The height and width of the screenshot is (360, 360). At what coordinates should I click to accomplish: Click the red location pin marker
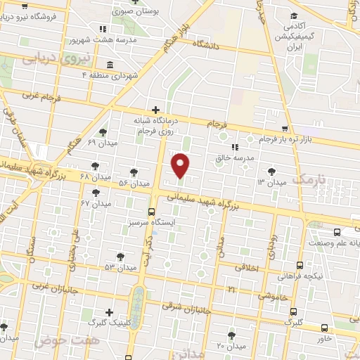click(181, 165)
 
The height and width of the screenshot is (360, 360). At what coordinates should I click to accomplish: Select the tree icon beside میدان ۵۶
click(134, 172)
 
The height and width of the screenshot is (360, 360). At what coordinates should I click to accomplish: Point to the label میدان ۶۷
click(96, 203)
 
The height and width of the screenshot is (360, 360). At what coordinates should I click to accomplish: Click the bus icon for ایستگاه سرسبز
click(151, 211)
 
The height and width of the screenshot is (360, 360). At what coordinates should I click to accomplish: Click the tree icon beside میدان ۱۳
click(271, 171)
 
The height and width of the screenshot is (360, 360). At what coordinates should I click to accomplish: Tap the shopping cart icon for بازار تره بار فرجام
click(284, 129)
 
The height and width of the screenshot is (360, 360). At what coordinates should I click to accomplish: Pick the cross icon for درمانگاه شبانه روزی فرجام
click(155, 110)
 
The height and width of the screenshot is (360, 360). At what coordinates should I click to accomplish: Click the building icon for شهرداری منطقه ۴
click(116, 74)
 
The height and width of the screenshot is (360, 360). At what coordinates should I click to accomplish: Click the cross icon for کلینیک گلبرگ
click(109, 312)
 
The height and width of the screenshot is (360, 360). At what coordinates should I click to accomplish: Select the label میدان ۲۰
click(230, 345)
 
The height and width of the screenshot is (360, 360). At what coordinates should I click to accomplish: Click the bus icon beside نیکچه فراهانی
click(300, 265)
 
